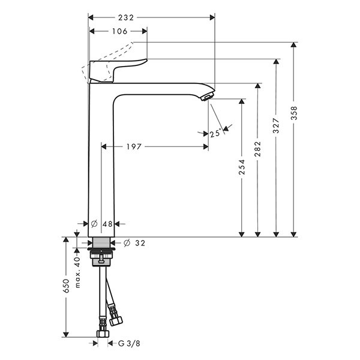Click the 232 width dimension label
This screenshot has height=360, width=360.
pos(126,17)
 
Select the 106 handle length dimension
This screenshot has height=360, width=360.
pos(119,31)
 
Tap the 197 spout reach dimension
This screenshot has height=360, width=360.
pos(134,147)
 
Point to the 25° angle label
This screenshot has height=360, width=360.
pos(216,133)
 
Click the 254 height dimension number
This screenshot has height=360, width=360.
pos(242,167)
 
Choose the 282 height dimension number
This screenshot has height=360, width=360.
pos(258,149)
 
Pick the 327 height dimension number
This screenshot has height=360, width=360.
pos(276,125)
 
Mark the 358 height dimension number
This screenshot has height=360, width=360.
pos(294,113)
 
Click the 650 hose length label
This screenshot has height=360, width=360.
pos(66,286)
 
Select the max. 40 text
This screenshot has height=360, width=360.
pos(77,272)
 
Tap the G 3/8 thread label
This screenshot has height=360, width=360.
pos(129,344)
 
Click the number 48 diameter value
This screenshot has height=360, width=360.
pos(107,224)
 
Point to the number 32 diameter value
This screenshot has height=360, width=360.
pos(140,243)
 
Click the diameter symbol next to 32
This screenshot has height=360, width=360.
pos(127,243)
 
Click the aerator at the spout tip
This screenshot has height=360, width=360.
pos(208,97)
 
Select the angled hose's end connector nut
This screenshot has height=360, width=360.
pos(116,321)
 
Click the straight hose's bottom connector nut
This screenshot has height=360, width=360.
pos(103,334)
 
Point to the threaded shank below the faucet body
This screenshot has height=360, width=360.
pos(101,242)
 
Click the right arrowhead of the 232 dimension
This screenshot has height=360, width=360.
pos(212,17)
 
